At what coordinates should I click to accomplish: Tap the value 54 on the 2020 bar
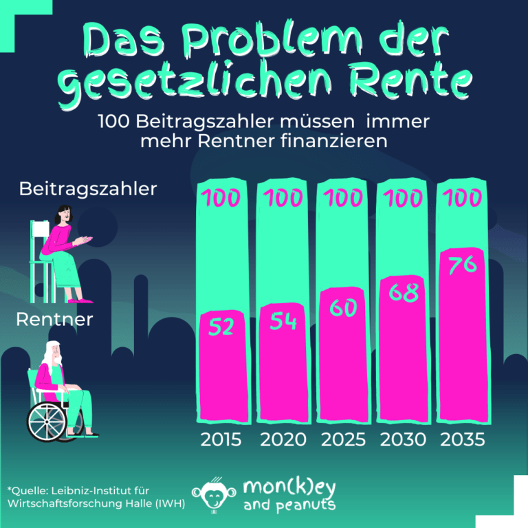pos(282,321)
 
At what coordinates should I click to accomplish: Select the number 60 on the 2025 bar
pos(342,307)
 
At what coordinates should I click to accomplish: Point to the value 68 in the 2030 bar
pos(404,291)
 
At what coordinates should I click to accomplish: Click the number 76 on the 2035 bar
pos(462,264)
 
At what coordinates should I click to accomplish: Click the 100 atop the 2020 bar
pos(282,198)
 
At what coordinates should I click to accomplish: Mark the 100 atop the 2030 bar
pos(404,198)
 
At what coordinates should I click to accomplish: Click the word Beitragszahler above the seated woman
pos(88,188)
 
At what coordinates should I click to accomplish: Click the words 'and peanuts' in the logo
pos(289,505)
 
